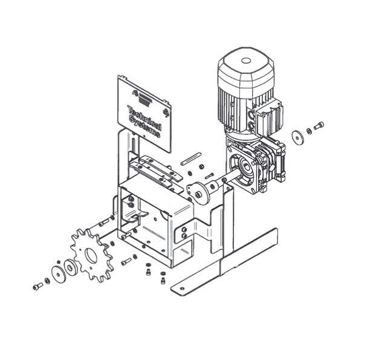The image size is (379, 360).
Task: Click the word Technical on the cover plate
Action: (x=144, y=118)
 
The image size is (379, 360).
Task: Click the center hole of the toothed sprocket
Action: (x=91, y=256)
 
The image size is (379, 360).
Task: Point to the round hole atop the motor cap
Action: (x=246, y=61)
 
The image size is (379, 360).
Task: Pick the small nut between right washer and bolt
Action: (x=309, y=131)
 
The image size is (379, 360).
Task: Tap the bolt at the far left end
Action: (x=37, y=287)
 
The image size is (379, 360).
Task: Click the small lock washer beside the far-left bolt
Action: (x=48, y=281)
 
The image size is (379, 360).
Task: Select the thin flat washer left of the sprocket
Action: (x=57, y=274)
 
